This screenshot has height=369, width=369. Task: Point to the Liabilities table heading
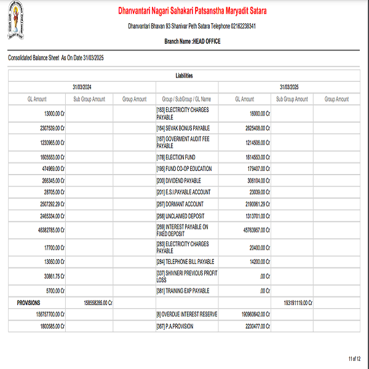coord(184,76)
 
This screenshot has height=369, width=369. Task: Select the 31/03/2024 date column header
coord(81,87)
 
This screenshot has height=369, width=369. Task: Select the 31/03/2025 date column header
coord(289,87)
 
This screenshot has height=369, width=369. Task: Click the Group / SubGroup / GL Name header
coord(186,99)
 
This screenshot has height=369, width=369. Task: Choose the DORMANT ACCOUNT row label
coord(180,204)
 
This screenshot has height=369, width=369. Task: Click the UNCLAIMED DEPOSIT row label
coord(180,216)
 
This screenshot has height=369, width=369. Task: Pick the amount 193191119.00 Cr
coord(298,303)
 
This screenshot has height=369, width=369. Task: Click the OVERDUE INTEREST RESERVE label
coord(187,314)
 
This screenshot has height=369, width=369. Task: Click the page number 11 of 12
coord(354,358)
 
